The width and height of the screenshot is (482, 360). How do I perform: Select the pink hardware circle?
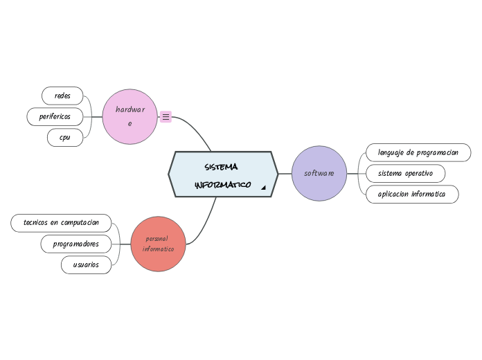pyautogui.click(x=130, y=116)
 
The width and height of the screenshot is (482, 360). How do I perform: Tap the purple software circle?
pyautogui.click(x=319, y=173)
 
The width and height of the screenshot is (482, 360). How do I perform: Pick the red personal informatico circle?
pyautogui.click(x=158, y=244)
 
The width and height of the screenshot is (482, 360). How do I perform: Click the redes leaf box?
pyautogui.click(x=62, y=96)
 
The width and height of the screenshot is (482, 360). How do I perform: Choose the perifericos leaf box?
pyautogui.click(x=55, y=116)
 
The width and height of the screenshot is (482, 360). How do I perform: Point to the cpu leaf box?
pyautogui.click(x=65, y=138)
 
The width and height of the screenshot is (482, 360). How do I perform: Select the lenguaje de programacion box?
pyautogui.click(x=418, y=152)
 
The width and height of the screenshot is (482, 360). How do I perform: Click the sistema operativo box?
pyautogui.click(x=404, y=173)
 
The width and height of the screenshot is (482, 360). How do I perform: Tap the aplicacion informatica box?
pyautogui.click(x=411, y=195)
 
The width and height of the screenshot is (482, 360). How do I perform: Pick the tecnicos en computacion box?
pyautogui.click(x=61, y=223)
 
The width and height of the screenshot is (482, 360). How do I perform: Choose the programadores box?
pyautogui.click(x=75, y=244)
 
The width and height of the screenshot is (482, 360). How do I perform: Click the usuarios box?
pyautogui.click(x=86, y=264)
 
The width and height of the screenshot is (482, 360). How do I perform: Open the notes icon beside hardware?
pyautogui.click(x=166, y=117)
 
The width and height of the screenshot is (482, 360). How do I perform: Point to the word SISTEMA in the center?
pyautogui.click(x=222, y=168)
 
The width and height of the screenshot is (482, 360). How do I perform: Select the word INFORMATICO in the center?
pyautogui.click(x=222, y=186)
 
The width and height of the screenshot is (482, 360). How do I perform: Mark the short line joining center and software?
pyautogui.click(x=285, y=174)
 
